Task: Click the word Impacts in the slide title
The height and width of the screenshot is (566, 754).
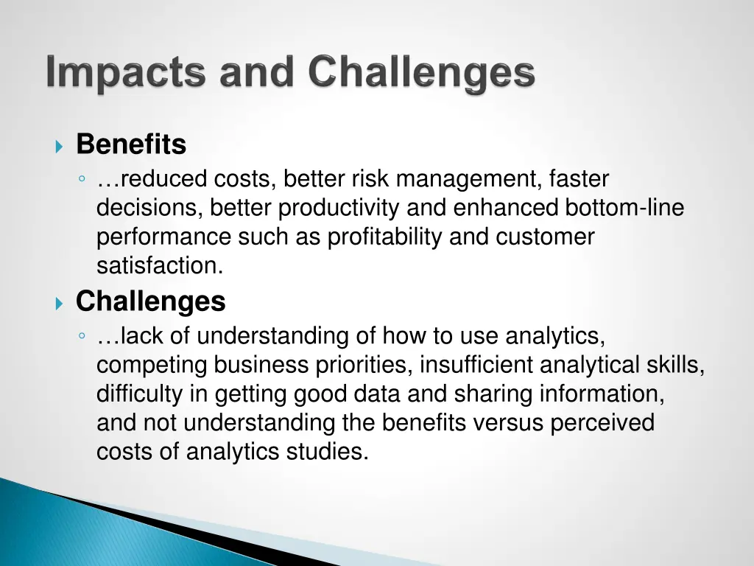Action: [x=123, y=74]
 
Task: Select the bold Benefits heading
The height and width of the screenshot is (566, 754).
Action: [x=131, y=144]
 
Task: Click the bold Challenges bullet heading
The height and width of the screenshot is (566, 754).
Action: [x=150, y=301]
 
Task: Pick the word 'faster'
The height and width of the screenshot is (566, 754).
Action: [x=579, y=179]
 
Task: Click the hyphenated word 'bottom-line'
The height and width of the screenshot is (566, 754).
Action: [x=624, y=209]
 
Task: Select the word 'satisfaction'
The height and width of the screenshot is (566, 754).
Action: [x=158, y=266]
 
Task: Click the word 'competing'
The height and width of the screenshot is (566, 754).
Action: [x=152, y=366]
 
